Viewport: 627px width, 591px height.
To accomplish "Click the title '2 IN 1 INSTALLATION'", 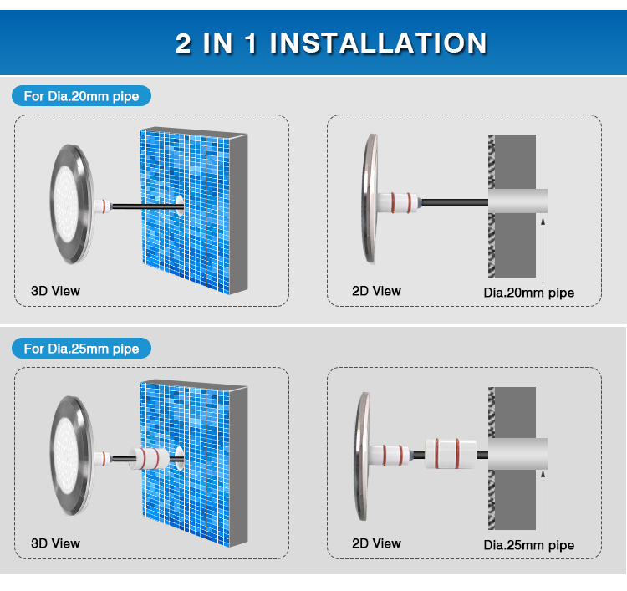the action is (x=331, y=43).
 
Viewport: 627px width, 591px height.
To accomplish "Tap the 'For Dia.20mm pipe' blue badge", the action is (x=82, y=96).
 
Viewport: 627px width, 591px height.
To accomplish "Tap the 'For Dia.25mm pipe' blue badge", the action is (x=82, y=349).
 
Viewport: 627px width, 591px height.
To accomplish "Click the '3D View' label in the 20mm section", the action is (x=55, y=291).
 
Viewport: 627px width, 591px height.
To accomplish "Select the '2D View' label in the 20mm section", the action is (x=377, y=291).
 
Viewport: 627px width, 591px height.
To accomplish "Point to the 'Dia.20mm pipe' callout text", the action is (x=529, y=293).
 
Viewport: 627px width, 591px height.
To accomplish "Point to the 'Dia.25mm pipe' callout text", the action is (x=529, y=545).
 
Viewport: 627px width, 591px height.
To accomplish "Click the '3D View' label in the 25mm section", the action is (x=55, y=543).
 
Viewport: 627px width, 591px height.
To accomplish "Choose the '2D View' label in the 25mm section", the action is (x=377, y=543).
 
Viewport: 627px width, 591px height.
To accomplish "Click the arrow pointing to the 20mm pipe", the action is (x=543, y=250).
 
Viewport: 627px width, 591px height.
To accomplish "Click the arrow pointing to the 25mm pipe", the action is (x=543, y=502).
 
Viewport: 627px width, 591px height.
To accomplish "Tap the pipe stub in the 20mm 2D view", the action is (x=517, y=201).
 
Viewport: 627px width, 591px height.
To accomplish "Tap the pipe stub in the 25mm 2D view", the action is (x=517, y=454).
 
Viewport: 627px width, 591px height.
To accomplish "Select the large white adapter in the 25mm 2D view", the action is (x=451, y=454).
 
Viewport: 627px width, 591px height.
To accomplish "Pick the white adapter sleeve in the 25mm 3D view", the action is (x=149, y=458).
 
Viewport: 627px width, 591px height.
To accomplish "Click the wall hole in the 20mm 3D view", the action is (x=180, y=205).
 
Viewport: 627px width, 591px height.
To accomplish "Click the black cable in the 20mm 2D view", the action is (x=455, y=202).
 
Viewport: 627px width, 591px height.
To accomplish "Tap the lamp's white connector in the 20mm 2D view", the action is (x=398, y=202).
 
